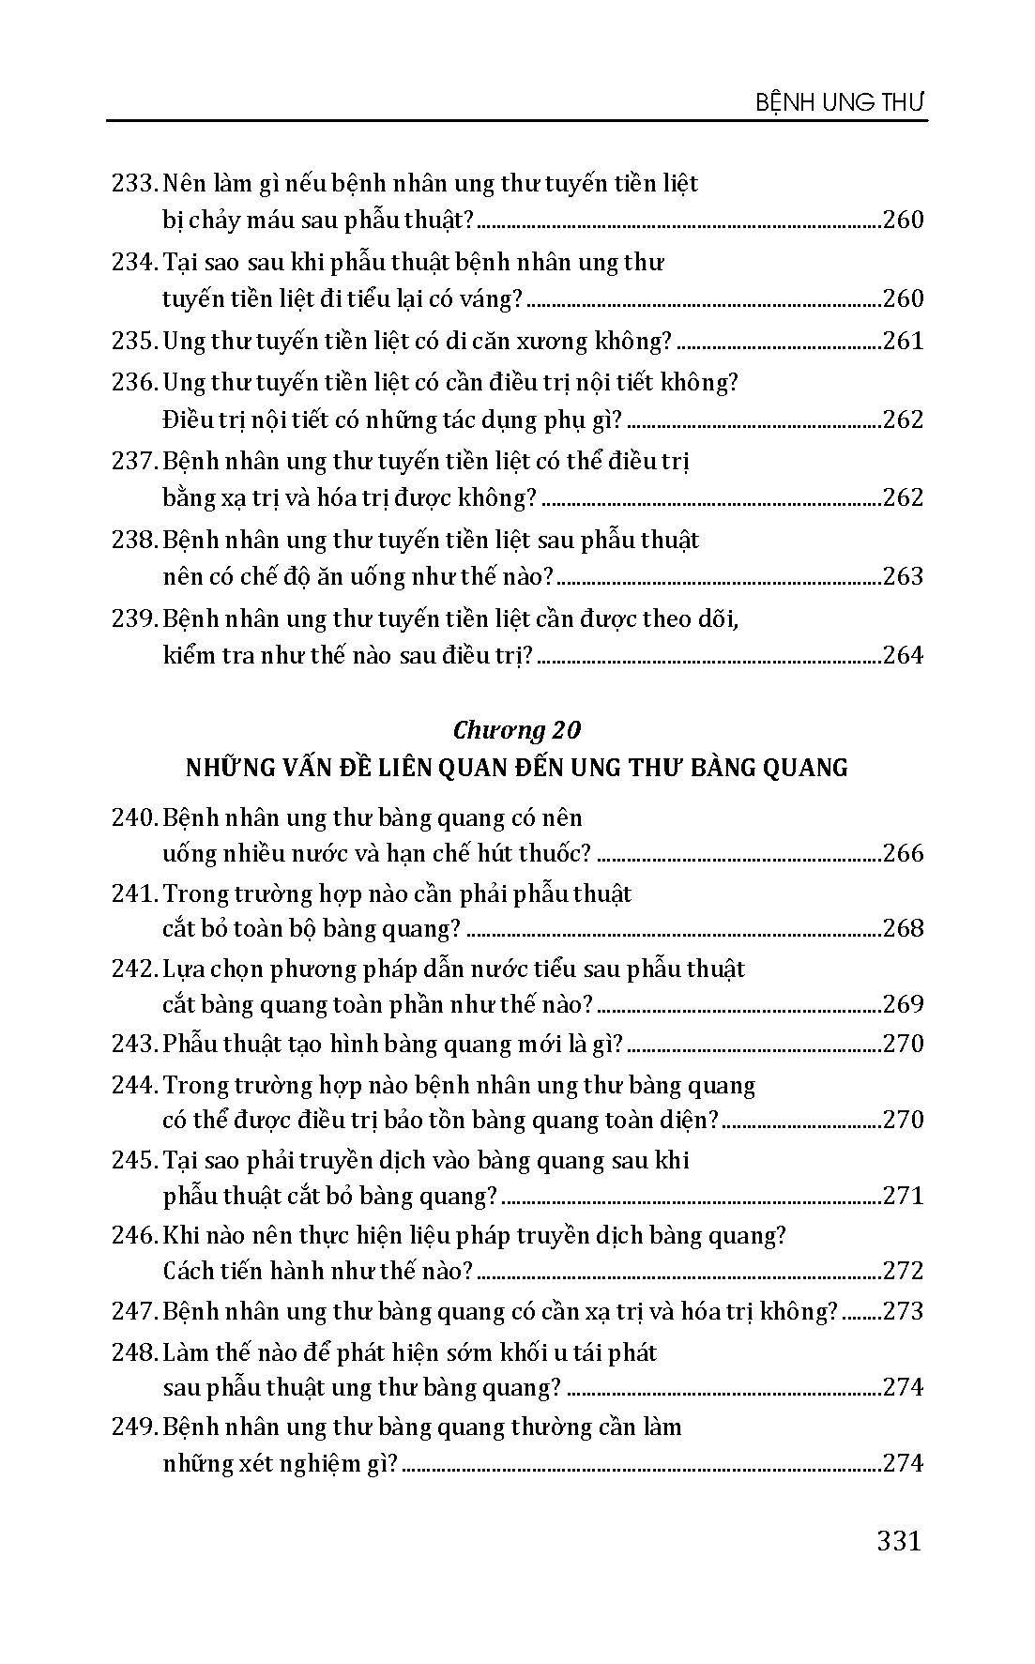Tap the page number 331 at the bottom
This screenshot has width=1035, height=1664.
coord(898,1541)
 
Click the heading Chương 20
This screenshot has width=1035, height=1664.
coord(516,730)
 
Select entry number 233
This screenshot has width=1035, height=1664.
coord(133,183)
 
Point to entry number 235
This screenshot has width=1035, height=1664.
coord(133,341)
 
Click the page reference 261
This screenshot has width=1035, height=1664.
coord(903,341)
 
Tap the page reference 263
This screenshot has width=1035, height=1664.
coord(903,576)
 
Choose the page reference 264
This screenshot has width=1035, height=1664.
coord(903,655)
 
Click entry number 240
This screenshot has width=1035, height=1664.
coord(133,817)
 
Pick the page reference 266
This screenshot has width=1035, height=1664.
coord(903,853)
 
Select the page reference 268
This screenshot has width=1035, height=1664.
coord(903,928)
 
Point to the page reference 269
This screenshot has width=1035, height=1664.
coord(903,1004)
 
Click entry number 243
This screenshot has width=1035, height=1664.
coord(133,1044)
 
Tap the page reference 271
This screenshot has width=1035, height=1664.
coord(903,1196)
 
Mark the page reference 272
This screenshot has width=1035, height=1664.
coord(903,1271)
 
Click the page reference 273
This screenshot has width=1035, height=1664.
coord(903,1311)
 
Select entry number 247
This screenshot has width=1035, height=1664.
coord(133,1311)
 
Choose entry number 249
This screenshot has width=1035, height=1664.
coord(133,1427)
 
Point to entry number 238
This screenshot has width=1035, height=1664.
coord(133,541)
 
